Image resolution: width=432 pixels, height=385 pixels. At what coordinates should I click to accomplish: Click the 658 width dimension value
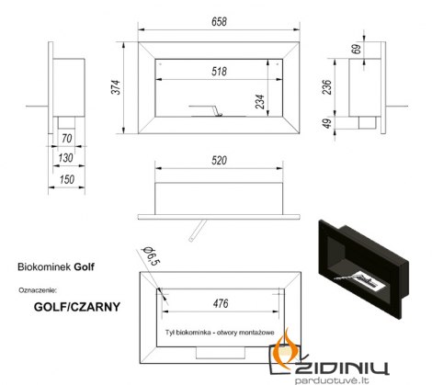[219, 22]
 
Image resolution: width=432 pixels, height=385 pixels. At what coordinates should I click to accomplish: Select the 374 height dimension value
[116, 87]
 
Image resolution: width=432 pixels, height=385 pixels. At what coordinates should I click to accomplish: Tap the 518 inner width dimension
[219, 72]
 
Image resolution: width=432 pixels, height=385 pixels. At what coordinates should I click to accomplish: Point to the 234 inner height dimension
[260, 102]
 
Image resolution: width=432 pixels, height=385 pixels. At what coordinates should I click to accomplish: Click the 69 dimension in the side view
[358, 49]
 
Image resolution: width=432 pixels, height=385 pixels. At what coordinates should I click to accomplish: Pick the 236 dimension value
[327, 87]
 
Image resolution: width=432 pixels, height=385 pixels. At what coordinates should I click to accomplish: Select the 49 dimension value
[327, 123]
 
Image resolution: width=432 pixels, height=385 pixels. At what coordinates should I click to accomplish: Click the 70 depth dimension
[66, 139]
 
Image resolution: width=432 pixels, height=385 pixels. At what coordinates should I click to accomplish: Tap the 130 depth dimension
[65, 158]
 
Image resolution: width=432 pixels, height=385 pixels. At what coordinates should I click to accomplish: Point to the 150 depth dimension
[67, 179]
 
